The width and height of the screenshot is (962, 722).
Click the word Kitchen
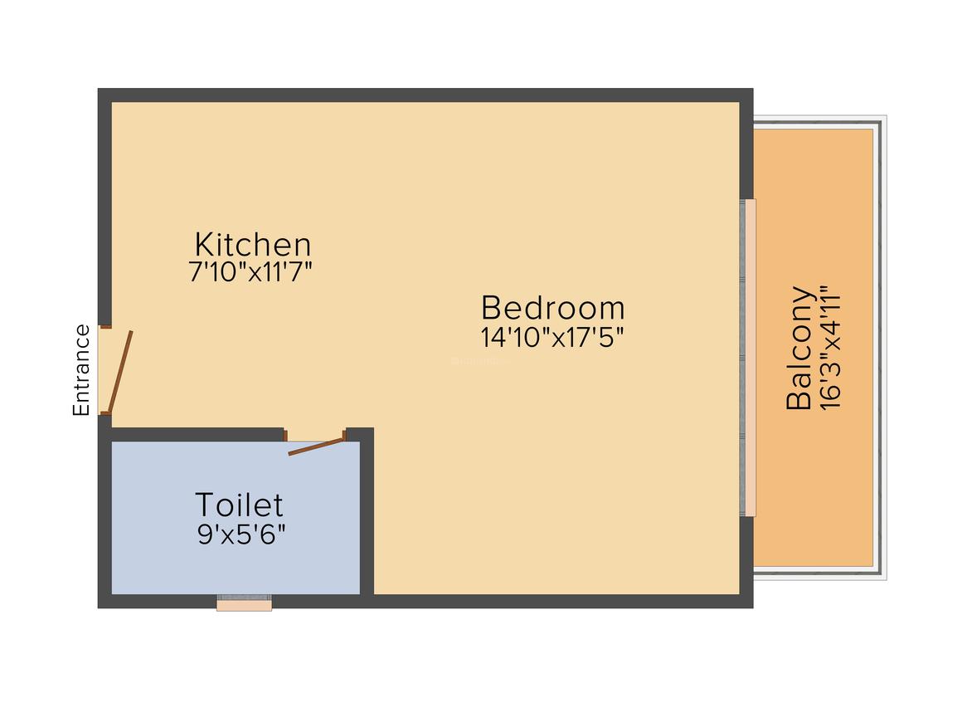pos(253,245)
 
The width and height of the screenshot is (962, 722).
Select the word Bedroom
pos(552,308)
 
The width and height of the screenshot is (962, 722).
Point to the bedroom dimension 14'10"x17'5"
pos(552,337)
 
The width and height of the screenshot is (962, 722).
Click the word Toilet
pos(239,505)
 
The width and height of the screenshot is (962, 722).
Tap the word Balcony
pos(799,348)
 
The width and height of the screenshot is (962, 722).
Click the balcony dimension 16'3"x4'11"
pos(830,348)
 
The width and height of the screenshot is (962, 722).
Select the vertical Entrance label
pos(81,370)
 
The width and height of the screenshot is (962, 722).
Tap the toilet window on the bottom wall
pos(244,603)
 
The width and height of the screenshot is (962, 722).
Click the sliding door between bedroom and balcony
pos(749,357)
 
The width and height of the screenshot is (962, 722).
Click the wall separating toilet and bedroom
pos(367,515)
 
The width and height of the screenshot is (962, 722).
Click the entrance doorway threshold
pos(104,370)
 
